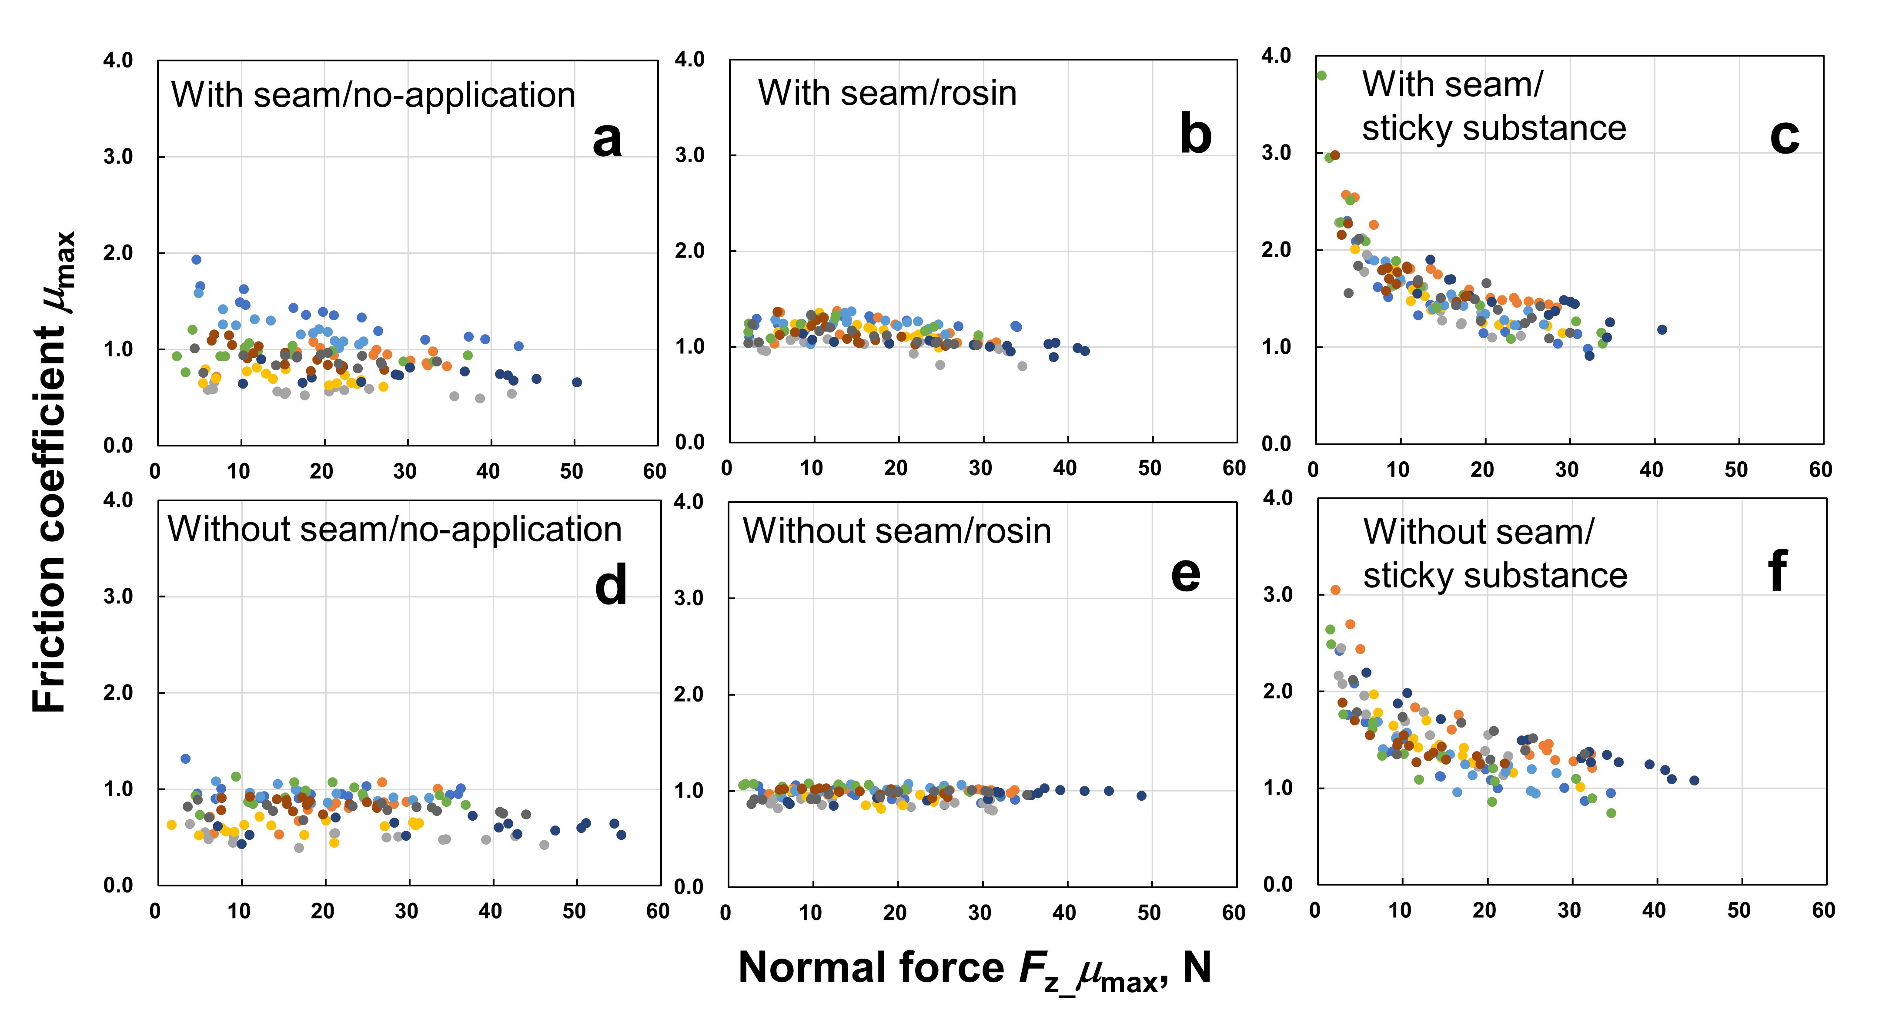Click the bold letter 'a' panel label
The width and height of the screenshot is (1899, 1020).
[x=607, y=139]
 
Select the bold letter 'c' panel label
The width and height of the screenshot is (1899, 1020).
[x=1785, y=137]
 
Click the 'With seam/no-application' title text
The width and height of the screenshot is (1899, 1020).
[x=373, y=95]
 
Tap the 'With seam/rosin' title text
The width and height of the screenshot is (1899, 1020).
[x=887, y=93]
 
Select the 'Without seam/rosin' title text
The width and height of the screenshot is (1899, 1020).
[x=896, y=531]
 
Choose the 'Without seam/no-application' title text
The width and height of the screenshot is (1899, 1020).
[x=395, y=530]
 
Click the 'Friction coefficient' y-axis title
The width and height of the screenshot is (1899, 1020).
[x=52, y=472]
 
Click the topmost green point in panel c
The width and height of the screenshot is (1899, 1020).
[x=1321, y=75]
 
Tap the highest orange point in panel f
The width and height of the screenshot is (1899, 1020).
[x=1335, y=590]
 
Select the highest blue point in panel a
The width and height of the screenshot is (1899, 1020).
[x=196, y=260]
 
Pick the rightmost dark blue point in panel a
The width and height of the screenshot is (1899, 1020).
[x=576, y=382]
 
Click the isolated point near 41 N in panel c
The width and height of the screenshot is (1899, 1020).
[x=1662, y=330]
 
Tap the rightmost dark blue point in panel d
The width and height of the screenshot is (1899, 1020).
[x=622, y=835]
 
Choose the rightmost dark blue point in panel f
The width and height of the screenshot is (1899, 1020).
[x=1694, y=780]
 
